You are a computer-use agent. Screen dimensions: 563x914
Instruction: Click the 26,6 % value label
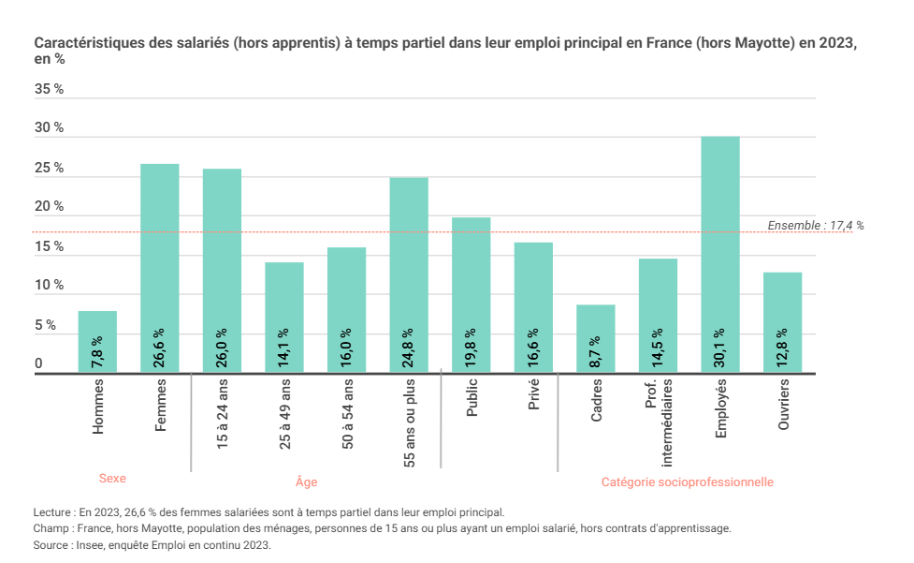(160, 348)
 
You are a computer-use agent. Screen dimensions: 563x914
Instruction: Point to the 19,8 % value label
(472, 348)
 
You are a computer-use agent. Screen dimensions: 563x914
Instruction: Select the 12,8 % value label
(783, 348)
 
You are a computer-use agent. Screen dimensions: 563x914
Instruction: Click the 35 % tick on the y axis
(49, 89)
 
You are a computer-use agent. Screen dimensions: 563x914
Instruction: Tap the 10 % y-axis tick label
(49, 286)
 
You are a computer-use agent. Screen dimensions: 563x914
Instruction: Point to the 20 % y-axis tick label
(49, 207)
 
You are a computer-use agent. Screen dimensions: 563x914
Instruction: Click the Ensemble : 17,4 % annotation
(815, 226)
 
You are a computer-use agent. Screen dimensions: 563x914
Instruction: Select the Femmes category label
(161, 406)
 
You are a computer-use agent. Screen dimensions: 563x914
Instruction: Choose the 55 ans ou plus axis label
(410, 423)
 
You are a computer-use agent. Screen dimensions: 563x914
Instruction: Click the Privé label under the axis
(534, 399)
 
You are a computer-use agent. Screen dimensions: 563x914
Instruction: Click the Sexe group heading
(112, 479)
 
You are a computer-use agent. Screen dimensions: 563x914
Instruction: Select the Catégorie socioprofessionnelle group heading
(687, 482)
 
